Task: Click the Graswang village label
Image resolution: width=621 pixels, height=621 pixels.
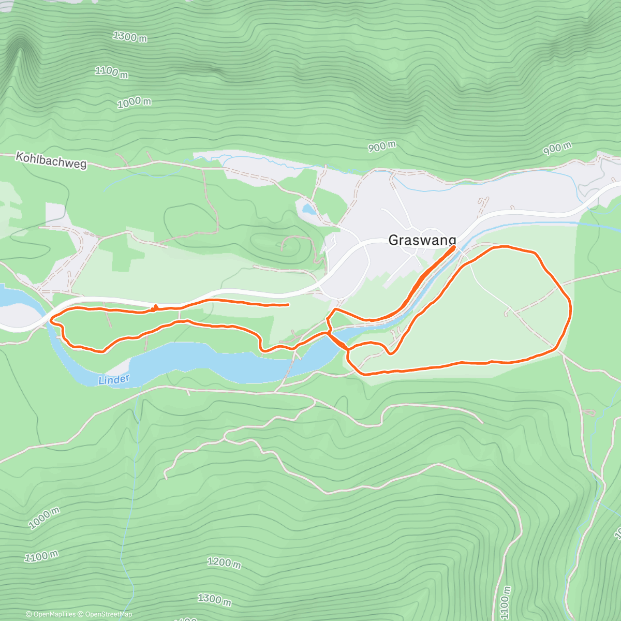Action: tap(422, 240)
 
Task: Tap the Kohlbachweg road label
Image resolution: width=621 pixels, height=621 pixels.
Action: tap(51, 160)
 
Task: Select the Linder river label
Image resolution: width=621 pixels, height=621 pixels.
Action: tap(113, 380)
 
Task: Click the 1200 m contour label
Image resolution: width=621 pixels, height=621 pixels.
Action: tap(224, 562)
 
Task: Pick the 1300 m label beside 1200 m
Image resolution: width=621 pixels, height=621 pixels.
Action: tap(214, 599)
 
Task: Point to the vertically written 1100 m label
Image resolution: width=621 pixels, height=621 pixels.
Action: tap(506, 602)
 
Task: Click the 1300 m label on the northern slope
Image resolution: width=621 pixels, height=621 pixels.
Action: tap(129, 37)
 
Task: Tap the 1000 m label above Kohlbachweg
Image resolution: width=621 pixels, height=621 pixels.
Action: tap(134, 102)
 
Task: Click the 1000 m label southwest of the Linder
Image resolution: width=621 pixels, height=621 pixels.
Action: tap(44, 517)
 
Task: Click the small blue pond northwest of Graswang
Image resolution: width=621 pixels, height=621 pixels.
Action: tap(308, 209)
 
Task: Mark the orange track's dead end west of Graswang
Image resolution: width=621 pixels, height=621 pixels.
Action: tap(288, 305)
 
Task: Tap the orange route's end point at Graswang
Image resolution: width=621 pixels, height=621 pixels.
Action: tap(454, 247)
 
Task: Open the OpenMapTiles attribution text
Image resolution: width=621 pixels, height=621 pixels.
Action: tap(51, 614)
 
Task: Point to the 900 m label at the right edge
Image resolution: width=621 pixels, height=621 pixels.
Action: tap(557, 149)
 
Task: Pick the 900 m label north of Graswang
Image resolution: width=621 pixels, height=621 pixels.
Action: tap(382, 147)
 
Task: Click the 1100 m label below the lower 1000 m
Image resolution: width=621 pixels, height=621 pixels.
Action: tap(41, 556)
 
